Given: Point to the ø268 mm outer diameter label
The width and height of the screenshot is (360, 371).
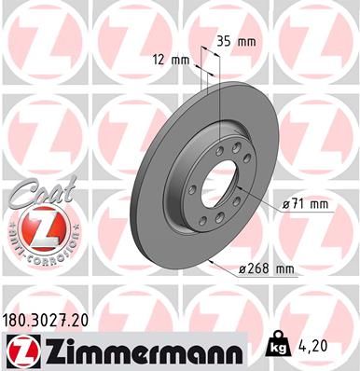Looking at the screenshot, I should tap(268, 270).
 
